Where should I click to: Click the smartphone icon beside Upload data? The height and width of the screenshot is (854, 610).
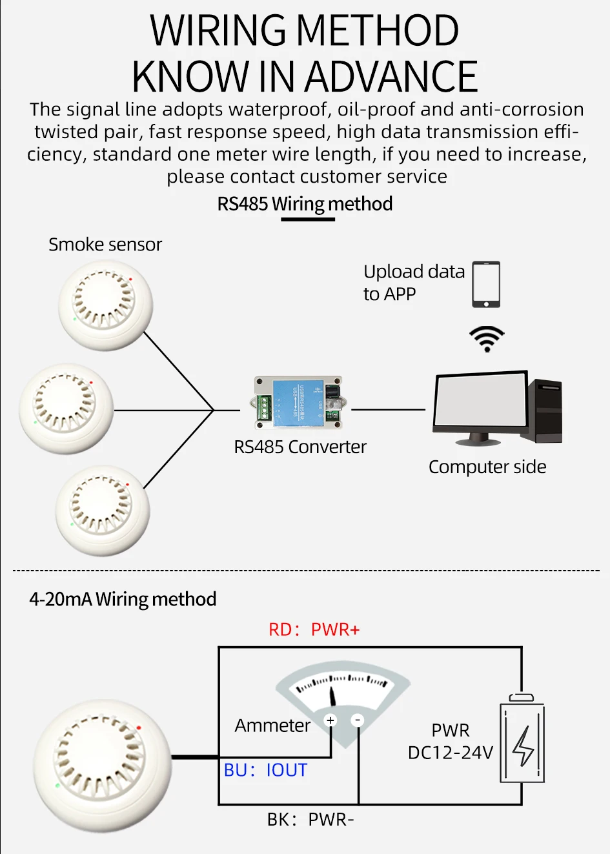coord(486,284)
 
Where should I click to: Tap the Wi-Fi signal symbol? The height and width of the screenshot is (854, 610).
coord(486,338)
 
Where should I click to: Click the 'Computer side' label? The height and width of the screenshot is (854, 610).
coord(487,467)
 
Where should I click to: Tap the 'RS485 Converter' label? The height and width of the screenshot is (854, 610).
coord(300,447)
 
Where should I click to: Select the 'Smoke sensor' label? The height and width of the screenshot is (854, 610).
coord(105,245)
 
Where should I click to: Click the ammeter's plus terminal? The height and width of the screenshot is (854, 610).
coord(330,720)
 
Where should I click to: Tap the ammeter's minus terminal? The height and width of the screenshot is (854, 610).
coord(358,720)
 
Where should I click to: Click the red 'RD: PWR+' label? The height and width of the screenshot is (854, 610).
coord(314,629)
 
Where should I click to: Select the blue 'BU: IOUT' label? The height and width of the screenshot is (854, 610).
coord(265,770)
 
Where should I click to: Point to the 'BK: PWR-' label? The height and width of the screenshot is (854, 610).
coord(310,820)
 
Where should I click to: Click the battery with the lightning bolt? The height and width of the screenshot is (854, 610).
coord(522,742)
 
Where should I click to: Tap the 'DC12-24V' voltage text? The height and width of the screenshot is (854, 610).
coord(451,753)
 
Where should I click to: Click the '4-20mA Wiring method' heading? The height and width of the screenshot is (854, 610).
coord(123,599)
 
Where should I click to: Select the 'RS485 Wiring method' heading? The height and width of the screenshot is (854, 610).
coord(305,204)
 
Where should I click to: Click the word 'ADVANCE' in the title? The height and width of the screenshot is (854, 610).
coord(391,77)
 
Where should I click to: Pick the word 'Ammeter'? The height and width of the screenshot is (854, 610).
coord(272,726)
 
